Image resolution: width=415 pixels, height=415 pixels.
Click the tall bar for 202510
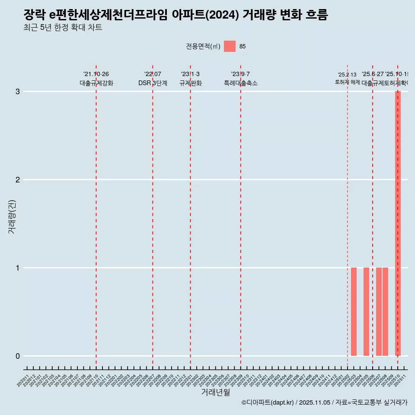click(398, 223)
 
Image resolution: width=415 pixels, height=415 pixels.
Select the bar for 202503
click(354, 312)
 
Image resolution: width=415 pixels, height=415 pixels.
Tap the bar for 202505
click(366, 312)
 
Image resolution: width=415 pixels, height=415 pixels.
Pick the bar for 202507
click(379, 312)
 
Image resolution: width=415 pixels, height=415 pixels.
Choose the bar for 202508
click(385, 312)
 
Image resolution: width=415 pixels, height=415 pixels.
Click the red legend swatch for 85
click(230, 46)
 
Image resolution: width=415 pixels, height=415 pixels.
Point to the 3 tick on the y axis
click(18, 92)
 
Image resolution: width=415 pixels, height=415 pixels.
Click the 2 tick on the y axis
click(18, 180)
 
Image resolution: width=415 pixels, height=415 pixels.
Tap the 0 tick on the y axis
click(18, 356)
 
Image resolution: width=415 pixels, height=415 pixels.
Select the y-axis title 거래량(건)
click(12, 216)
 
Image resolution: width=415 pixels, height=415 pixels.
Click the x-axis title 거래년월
click(215, 393)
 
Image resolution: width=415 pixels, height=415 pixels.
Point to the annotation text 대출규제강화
click(96, 83)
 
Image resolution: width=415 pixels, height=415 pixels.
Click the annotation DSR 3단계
click(153, 83)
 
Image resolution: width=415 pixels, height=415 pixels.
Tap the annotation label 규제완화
click(190, 83)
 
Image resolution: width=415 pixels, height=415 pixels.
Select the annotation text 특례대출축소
click(240, 83)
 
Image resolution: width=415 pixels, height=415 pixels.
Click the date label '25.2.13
click(347, 75)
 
